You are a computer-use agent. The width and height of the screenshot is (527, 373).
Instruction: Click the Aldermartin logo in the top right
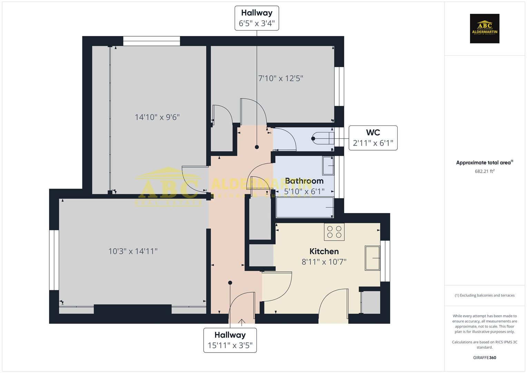pos(484,29)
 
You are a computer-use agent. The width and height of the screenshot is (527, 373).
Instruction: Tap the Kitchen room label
pos(324,251)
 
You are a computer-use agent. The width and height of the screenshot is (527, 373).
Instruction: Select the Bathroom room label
pos(304,181)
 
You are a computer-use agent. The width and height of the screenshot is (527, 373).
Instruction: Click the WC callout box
pos(373,138)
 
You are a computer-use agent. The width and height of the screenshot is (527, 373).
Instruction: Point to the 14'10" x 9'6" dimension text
pos(157,117)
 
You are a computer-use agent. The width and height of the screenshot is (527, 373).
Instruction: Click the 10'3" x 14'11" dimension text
pos(133,251)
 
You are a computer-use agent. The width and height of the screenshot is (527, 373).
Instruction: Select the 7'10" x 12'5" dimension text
pos(281,78)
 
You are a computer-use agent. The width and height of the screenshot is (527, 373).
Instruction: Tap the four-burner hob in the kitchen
pos(334,232)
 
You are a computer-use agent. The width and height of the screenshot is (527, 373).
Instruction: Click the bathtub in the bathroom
pos(304,207)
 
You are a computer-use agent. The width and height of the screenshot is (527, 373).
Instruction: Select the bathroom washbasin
pos(328,166)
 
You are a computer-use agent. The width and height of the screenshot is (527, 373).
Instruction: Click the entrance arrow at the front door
pos(242,322)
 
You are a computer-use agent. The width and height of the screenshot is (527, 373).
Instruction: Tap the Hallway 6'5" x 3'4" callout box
pos(256,18)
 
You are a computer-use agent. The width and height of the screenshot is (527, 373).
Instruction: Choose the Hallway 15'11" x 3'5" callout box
pos(230,340)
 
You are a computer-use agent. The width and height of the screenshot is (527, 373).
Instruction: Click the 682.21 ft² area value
pos(485,171)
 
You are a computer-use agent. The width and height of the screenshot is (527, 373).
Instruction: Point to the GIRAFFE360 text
pos(485,357)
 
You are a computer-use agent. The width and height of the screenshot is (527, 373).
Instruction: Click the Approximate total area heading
pos(484,163)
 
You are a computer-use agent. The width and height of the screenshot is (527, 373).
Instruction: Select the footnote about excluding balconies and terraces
pos(485,295)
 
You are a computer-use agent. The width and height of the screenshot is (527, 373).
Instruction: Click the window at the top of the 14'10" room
pos(152,41)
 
